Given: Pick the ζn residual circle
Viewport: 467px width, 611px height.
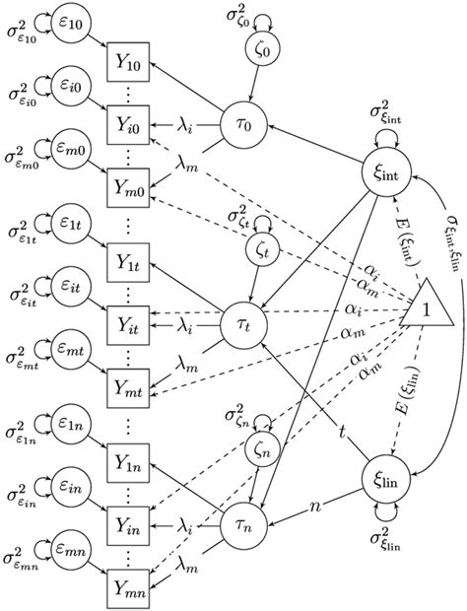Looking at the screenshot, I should click(262, 454).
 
